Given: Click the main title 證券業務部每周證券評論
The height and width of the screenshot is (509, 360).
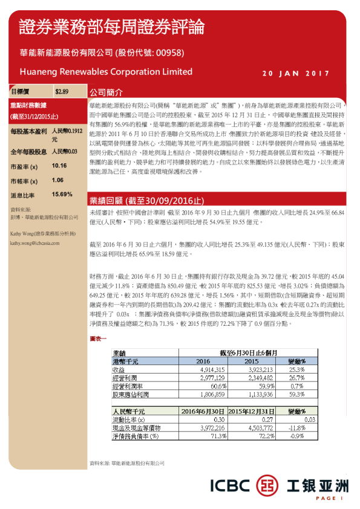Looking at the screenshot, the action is (x=111, y=27).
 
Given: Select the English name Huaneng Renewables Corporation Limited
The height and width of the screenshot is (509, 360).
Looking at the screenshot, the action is (x=106, y=71).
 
